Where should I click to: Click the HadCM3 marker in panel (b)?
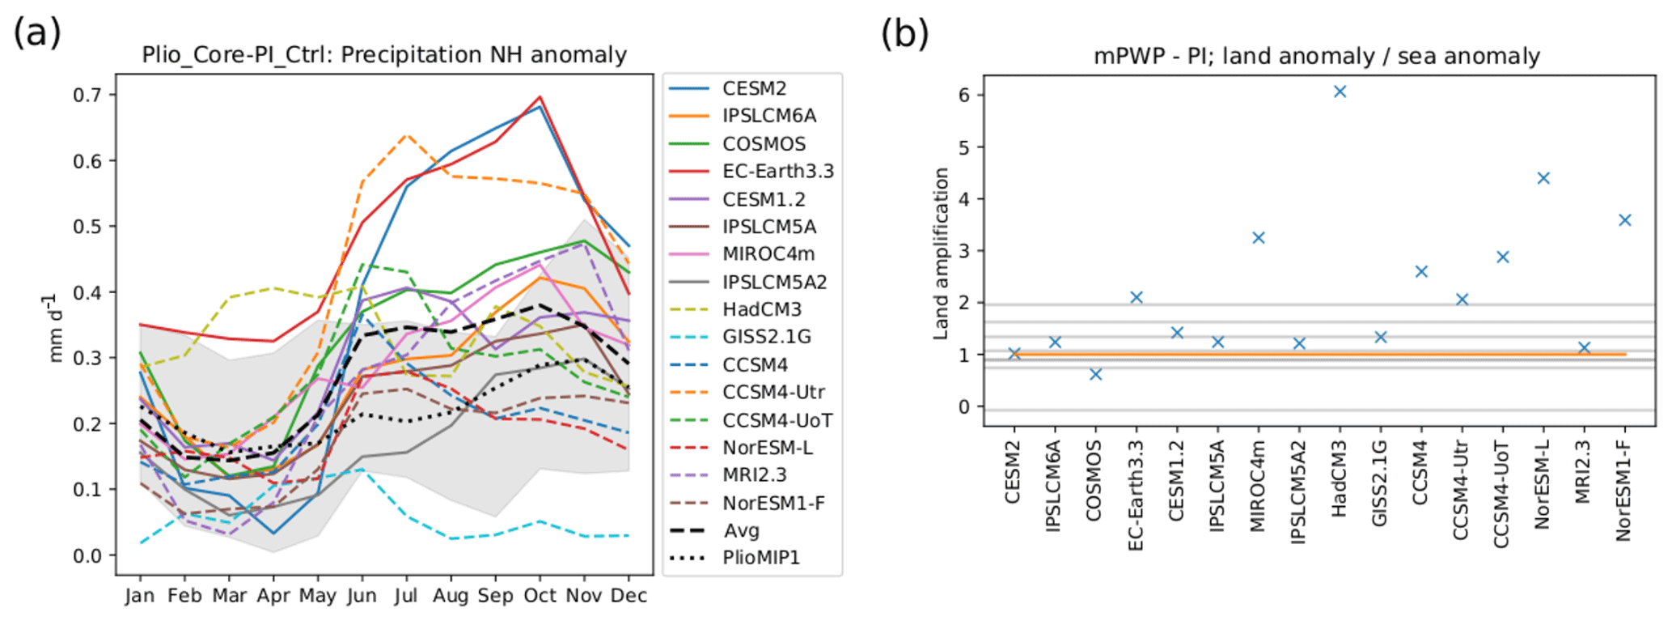[1340, 91]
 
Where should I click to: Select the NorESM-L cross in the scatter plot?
[1543, 178]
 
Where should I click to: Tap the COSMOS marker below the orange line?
[1095, 374]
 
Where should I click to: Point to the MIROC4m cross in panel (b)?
[1258, 238]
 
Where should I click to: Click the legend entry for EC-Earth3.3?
[777, 172]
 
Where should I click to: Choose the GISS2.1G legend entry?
[766, 337]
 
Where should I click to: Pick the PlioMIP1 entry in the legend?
[760, 558]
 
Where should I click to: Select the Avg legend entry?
[741, 530]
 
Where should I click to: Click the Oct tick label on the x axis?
[540, 596]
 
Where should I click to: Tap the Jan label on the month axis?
[140, 596]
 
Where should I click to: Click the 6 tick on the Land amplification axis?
[965, 96]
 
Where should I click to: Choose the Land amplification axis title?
[941, 253]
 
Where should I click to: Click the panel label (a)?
[37, 34]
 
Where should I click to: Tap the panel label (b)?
[904, 34]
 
